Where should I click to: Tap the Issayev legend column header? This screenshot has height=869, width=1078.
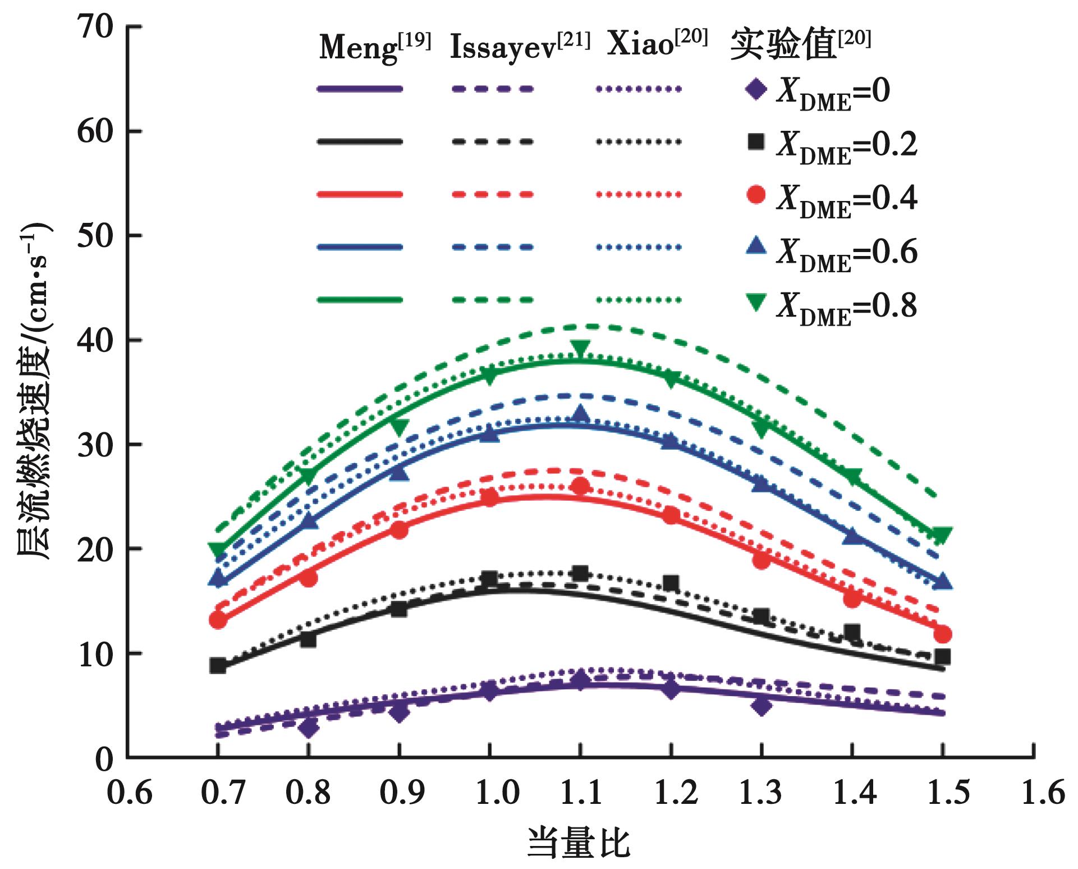pos(520,46)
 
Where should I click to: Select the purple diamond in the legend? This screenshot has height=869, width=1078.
pos(756,90)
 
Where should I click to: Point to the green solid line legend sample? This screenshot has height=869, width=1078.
pos(360,300)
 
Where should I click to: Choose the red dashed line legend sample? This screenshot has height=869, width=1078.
pos(492,195)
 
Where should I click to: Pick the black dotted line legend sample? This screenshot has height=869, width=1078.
pos(639,142)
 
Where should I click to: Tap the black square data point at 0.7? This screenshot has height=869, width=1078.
pos(218,666)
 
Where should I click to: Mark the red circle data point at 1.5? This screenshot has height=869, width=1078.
pos(943,634)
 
